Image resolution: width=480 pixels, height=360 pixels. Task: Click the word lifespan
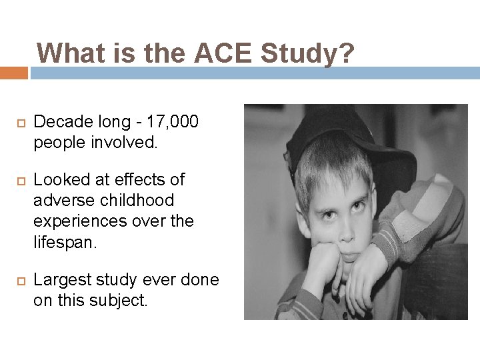(x=65, y=241)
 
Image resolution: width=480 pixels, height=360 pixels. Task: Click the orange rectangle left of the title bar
(x=13, y=73)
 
